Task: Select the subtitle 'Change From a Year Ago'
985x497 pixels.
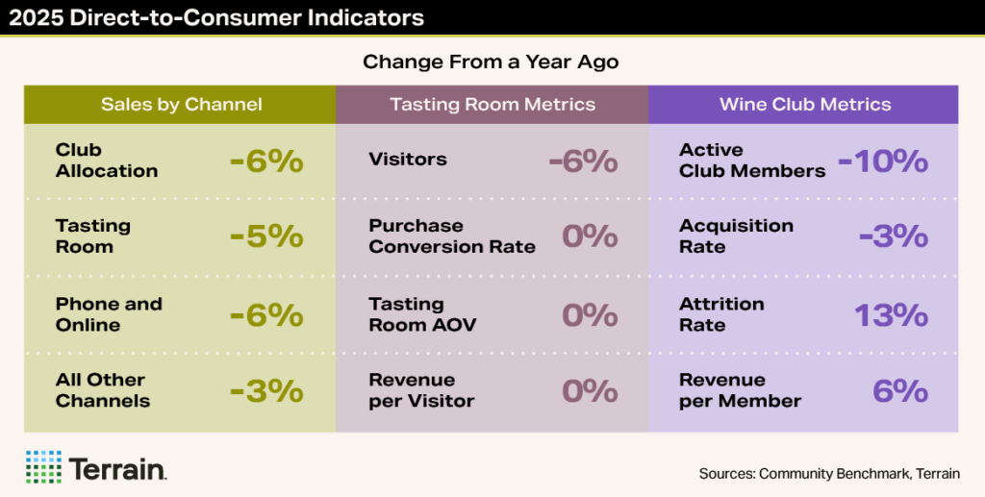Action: point(491,62)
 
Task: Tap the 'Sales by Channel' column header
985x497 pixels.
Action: point(181,104)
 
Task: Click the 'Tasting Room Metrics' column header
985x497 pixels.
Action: point(492,104)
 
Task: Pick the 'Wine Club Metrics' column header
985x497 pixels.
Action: point(805,104)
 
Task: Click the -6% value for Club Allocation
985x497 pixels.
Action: point(266,161)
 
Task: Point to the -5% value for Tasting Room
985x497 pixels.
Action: point(266,236)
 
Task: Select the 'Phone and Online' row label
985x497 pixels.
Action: point(109,314)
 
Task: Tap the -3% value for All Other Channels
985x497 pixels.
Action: point(266,391)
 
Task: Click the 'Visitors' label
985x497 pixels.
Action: point(408,160)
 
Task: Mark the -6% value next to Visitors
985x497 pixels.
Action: point(583,161)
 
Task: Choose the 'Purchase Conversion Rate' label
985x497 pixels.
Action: point(452,236)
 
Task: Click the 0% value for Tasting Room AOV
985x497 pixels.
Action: point(591,314)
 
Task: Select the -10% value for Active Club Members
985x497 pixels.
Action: point(882,161)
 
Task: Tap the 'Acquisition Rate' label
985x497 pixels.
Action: point(736,236)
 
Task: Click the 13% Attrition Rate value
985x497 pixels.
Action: point(891,314)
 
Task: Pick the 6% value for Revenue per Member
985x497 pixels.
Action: point(900,391)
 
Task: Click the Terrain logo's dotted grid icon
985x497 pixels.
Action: point(43,466)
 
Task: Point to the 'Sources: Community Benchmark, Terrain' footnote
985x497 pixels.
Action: point(829,473)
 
